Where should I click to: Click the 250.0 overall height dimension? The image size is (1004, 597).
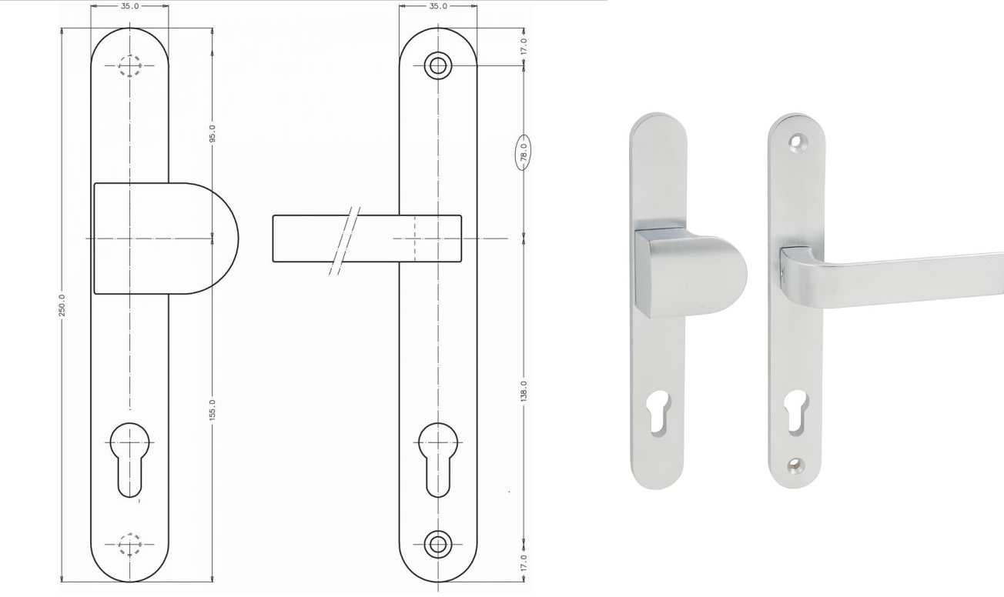[x=62, y=305]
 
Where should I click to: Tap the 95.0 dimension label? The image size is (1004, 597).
[x=213, y=133]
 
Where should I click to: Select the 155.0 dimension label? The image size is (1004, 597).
[x=213, y=410]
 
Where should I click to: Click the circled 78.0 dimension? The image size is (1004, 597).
[x=523, y=153]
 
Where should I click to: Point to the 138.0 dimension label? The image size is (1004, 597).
[x=524, y=391]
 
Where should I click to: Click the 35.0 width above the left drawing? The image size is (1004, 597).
[x=130, y=6]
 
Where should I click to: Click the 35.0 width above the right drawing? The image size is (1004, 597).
[x=438, y=6]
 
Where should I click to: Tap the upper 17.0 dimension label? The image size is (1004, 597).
[x=524, y=47]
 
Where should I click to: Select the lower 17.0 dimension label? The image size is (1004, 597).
[x=524, y=562]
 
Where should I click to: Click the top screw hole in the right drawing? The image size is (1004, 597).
[x=438, y=66]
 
